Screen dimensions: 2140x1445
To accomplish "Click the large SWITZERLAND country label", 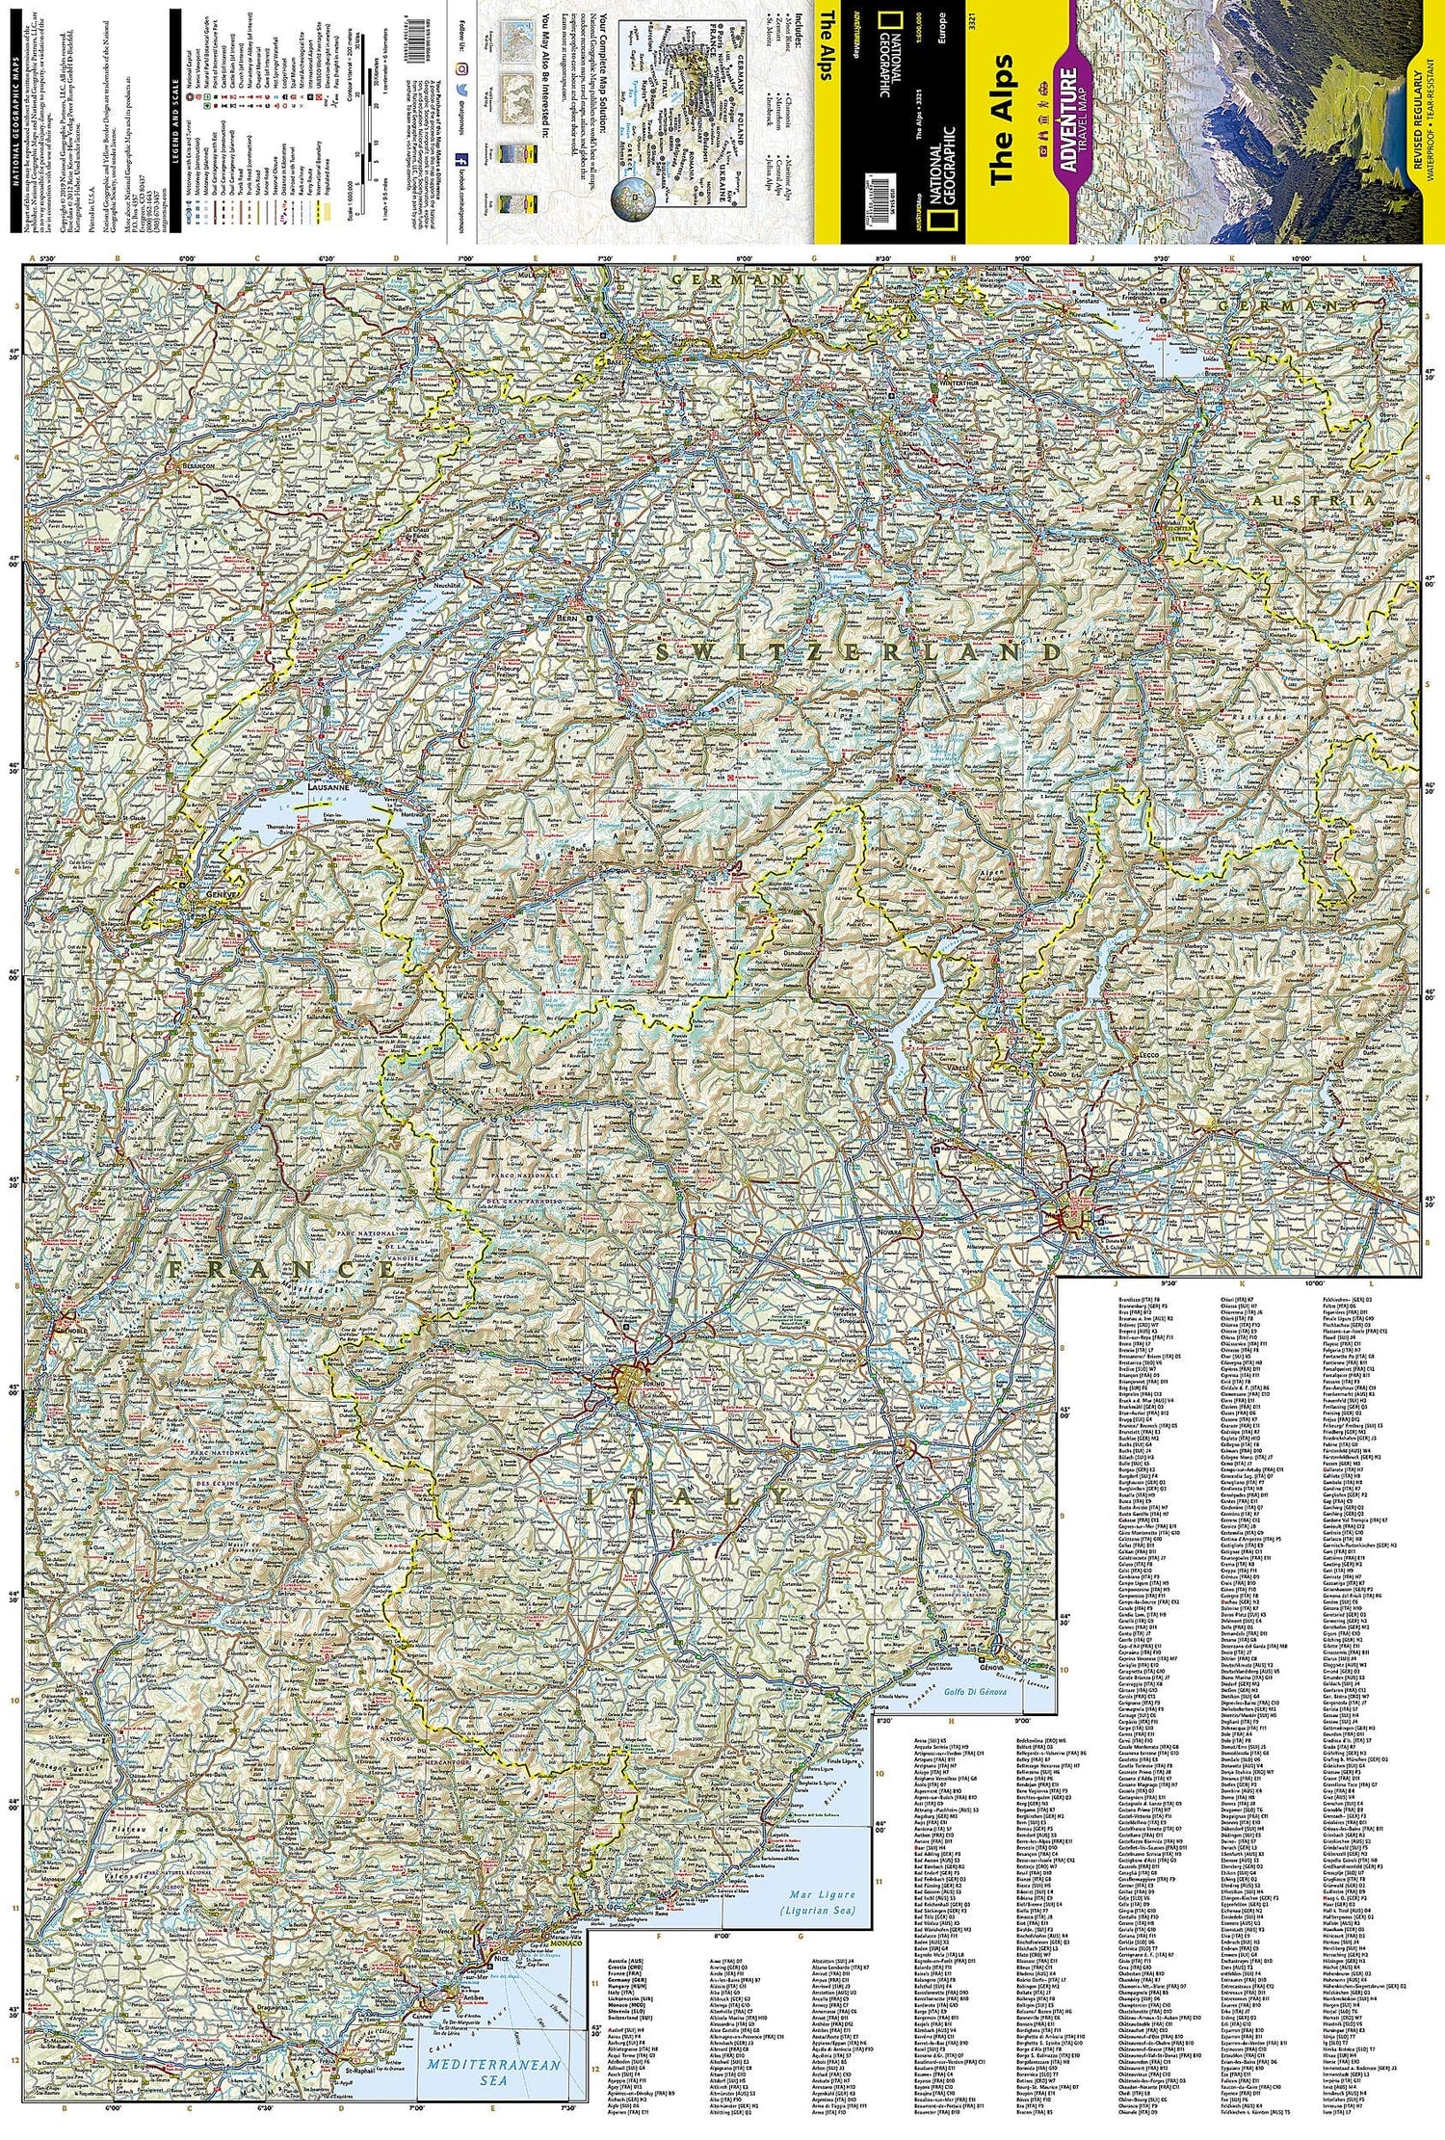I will [x=857, y=652].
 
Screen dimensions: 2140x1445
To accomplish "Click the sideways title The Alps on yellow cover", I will [x=1003, y=120].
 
